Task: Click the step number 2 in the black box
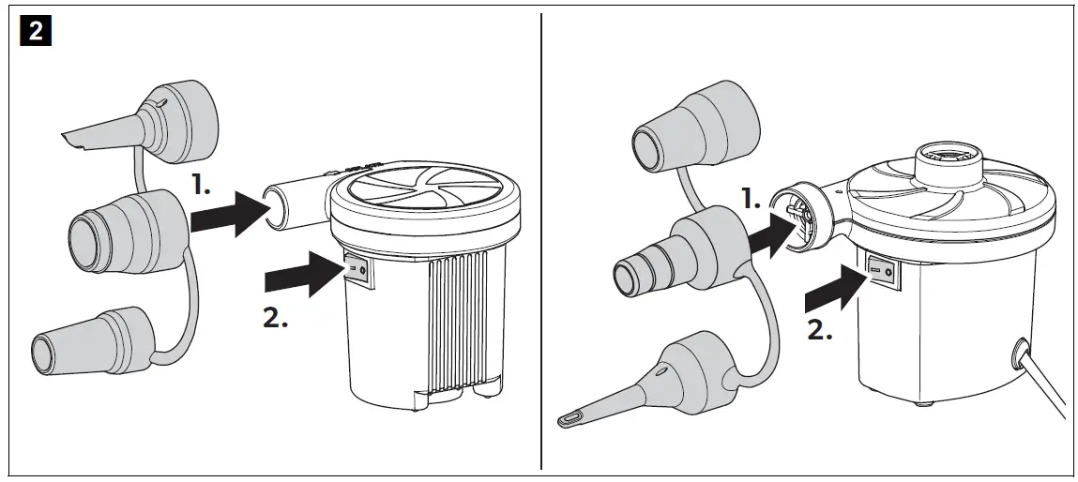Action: click(x=37, y=31)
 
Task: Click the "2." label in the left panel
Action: click(x=274, y=318)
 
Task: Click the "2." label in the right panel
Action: click(x=819, y=331)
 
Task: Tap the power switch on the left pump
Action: click(x=357, y=270)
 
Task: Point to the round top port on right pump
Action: click(x=948, y=155)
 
